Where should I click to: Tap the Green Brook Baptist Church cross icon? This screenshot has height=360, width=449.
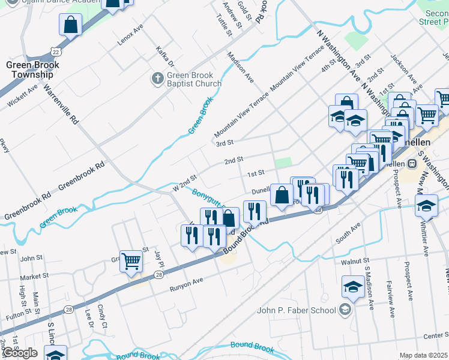tap(157, 79)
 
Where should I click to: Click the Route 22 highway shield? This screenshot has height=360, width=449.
tap(55, 47)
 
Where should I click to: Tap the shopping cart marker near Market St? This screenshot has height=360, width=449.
tap(130, 261)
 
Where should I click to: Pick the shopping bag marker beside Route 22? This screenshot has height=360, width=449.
tap(70, 25)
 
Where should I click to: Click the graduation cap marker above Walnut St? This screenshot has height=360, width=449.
tap(353, 287)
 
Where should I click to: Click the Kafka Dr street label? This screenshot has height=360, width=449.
tap(164, 56)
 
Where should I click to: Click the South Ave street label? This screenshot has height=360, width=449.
tap(348, 233)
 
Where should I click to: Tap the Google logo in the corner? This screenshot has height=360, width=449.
tap(20, 352)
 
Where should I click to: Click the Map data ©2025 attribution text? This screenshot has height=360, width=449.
tap(423, 355)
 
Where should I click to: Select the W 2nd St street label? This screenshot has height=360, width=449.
tap(184, 183)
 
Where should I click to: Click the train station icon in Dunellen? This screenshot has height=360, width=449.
tap(412, 163)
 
